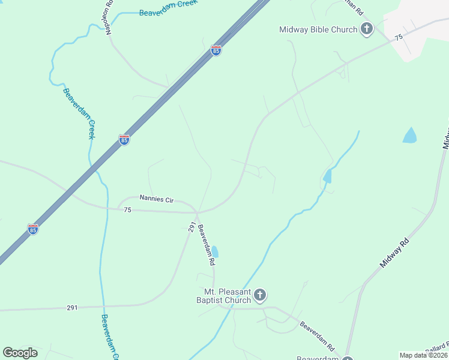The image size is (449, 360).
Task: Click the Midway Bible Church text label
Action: [x=318, y=29]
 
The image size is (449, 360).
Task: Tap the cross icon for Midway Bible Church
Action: [x=367, y=29]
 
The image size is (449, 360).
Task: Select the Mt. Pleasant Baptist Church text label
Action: [x=221, y=295]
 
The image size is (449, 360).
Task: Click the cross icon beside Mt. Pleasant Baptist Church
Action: [x=260, y=295]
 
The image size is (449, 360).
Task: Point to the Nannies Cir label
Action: [x=156, y=197]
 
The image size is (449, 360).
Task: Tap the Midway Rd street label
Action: [x=394, y=253]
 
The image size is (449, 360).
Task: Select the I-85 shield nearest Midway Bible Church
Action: [x=216, y=51]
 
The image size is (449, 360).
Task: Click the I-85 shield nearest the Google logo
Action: [x=33, y=229]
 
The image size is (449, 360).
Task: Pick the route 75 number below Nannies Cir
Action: [x=127, y=210]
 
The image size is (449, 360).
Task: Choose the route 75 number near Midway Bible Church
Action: [x=399, y=37]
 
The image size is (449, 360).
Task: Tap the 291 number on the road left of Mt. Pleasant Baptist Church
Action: [x=72, y=308]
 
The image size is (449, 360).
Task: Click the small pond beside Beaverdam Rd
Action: [x=215, y=252]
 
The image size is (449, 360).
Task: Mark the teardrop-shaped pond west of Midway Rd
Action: [x=409, y=136]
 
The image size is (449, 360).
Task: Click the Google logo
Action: [x=20, y=353]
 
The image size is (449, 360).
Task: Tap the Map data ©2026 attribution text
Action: [x=423, y=355]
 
